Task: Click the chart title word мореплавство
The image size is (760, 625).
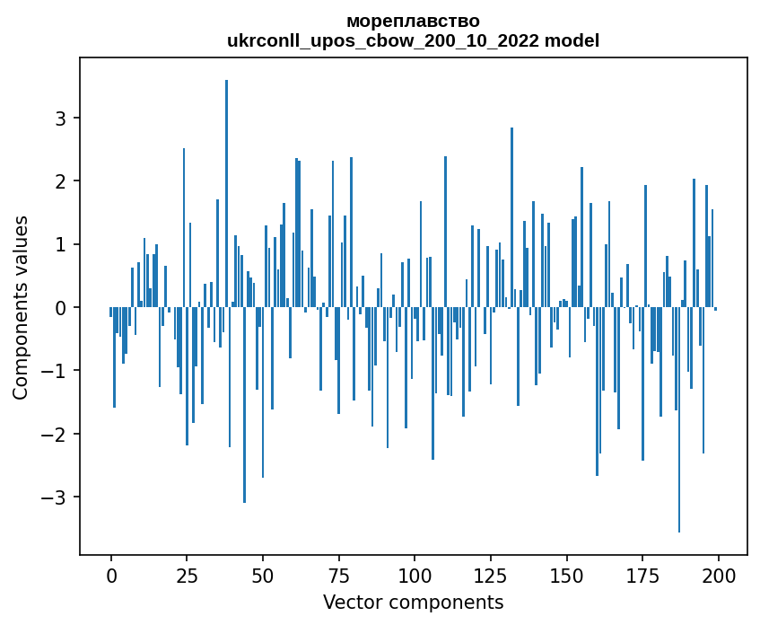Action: (x=413, y=21)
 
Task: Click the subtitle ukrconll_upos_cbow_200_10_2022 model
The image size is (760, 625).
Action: (x=413, y=40)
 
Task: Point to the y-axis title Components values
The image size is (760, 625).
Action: (x=20, y=307)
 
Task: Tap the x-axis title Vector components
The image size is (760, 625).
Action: (x=413, y=602)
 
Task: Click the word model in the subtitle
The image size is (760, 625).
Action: (x=576, y=40)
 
